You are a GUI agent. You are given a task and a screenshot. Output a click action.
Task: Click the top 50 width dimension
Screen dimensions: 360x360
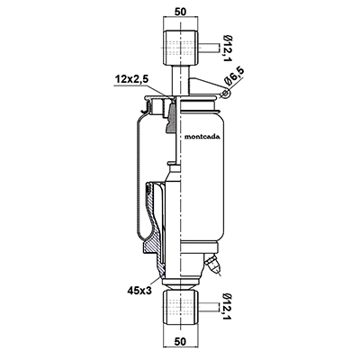click(180, 11)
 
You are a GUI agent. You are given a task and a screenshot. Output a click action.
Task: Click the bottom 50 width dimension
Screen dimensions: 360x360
click(180, 341)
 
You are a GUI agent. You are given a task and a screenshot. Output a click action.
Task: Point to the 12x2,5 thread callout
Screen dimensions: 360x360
click(132, 80)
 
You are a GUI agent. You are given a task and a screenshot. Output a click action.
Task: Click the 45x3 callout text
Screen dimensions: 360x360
click(139, 291)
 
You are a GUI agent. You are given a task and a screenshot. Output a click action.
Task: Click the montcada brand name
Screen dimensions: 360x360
click(202, 137)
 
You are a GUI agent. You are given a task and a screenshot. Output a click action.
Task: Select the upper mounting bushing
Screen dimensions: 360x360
click(180, 48)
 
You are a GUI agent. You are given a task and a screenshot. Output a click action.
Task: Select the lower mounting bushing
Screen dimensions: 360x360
click(180, 307)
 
